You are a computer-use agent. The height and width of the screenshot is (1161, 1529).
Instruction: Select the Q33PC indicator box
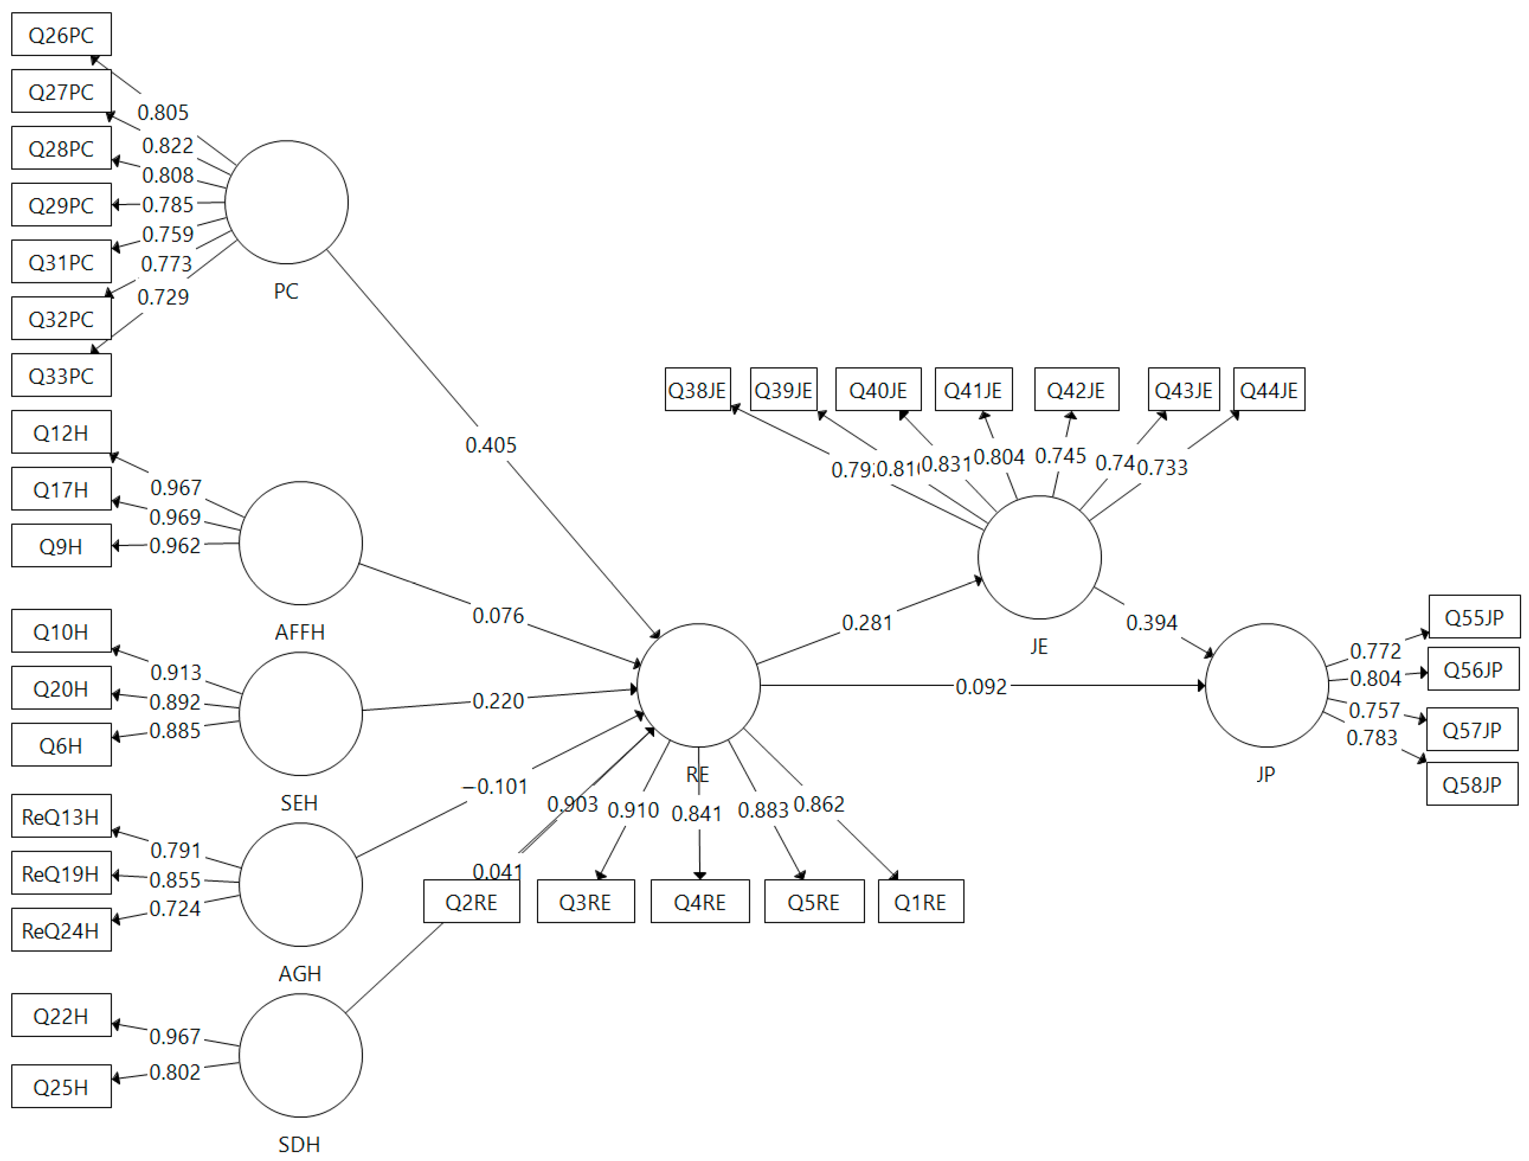coord(61,376)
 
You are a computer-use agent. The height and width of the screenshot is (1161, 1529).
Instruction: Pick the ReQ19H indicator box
coord(61,873)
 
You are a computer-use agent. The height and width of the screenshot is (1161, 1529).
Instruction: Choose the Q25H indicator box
coord(61,1087)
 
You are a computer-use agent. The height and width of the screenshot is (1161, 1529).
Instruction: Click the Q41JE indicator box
coord(973,390)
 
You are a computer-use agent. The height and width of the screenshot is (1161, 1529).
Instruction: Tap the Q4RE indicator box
coord(699,902)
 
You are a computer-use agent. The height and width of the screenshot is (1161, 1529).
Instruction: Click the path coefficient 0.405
coord(491,445)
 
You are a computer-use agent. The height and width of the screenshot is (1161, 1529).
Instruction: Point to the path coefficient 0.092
coord(981,686)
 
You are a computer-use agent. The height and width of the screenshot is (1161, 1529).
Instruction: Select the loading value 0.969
coord(175,517)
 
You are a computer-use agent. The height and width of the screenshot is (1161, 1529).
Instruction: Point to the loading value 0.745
coord(1060,455)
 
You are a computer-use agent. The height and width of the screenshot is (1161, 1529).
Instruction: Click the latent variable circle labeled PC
coord(286,202)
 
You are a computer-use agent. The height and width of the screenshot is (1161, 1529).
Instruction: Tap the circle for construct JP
coord(1266,685)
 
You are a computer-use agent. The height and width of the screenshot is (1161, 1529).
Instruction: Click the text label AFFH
coord(299,631)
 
